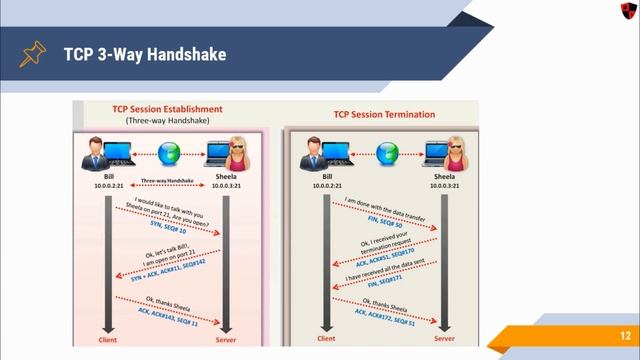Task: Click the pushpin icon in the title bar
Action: tap(33, 52)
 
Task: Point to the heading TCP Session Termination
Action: tap(383, 114)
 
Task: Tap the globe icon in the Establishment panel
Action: tap(168, 154)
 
